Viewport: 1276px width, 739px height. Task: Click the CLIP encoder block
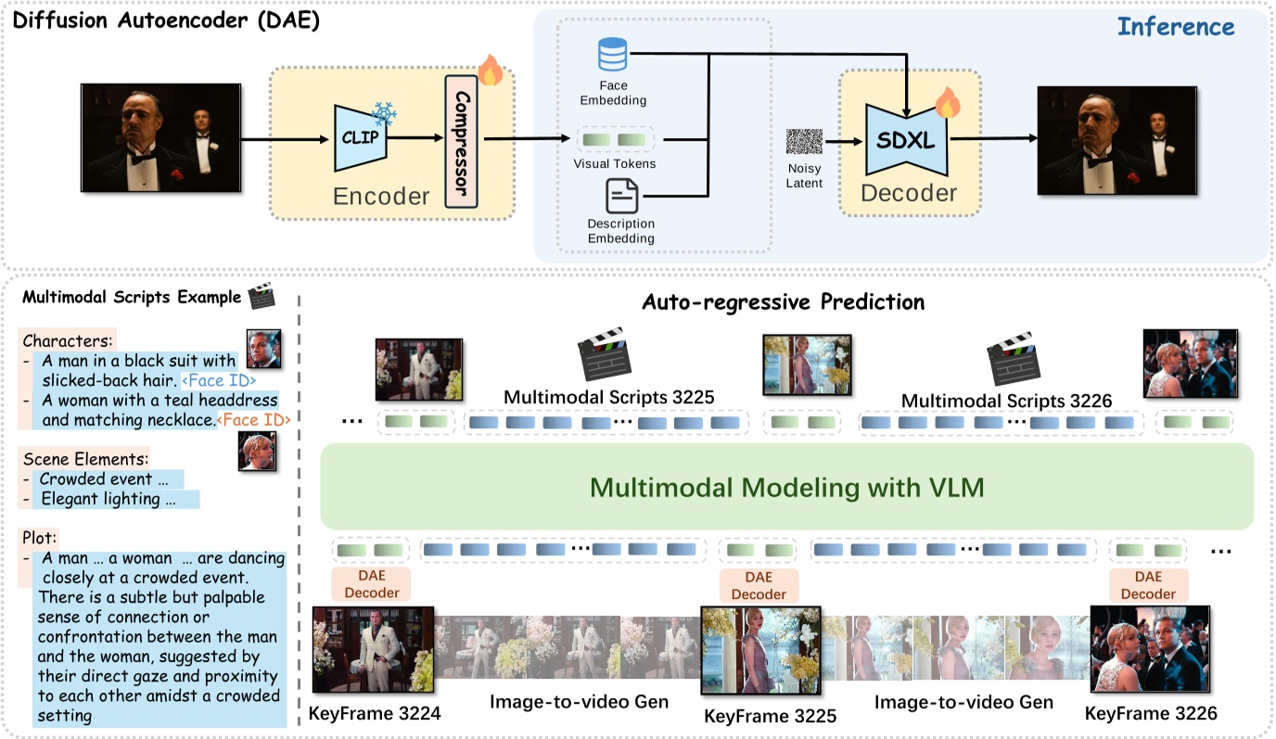360,138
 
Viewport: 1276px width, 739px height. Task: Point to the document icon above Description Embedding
620,197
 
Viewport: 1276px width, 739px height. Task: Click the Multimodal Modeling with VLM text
786,487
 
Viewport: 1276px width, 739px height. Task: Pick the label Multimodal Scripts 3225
608,398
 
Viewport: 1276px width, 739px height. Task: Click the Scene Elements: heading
85,458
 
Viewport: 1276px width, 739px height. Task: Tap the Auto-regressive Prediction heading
784,302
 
